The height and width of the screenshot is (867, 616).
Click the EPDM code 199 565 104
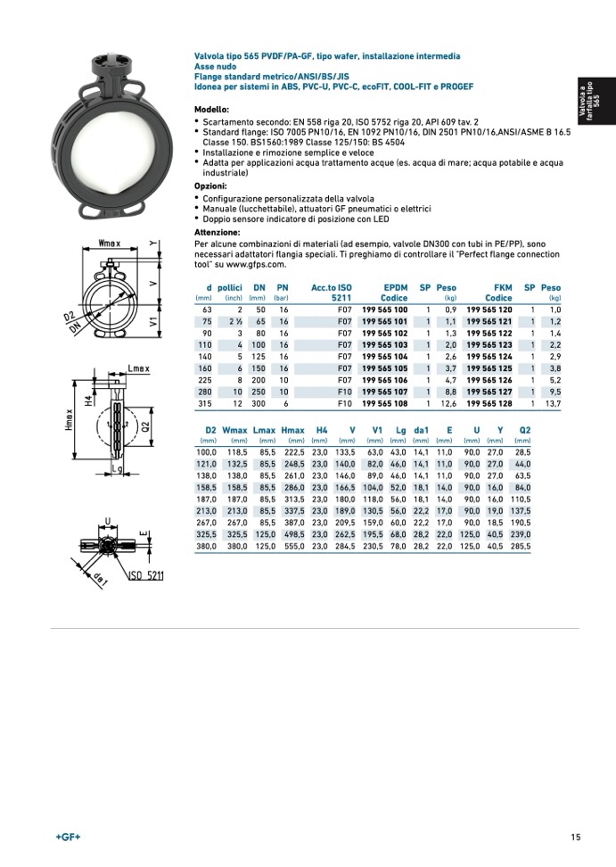click(385, 355)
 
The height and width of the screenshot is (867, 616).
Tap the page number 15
click(576, 837)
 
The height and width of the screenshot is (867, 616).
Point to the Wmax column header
click(234, 430)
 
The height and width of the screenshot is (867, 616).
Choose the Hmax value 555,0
click(294, 546)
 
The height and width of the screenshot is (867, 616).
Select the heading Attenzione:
click(217, 232)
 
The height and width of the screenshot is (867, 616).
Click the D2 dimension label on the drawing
click(69, 318)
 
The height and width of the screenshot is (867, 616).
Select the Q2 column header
click(524, 430)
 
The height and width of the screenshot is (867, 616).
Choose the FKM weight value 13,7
click(554, 403)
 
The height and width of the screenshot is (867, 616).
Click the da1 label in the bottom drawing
click(101, 579)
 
